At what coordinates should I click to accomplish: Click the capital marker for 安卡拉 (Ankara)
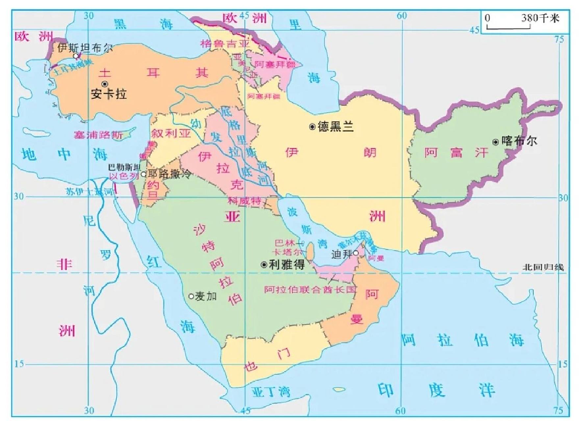(105, 84)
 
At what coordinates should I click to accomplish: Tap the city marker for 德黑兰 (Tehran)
(312, 127)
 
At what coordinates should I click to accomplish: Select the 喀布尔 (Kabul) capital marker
(495, 142)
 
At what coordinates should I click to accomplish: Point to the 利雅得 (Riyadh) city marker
(264, 265)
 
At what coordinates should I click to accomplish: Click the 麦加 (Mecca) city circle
(191, 296)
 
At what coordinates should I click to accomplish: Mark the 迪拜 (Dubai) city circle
(356, 253)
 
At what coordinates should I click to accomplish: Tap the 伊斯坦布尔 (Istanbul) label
(85, 48)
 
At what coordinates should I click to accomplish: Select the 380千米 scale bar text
(540, 18)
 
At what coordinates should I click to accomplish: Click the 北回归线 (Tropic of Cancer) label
(543, 267)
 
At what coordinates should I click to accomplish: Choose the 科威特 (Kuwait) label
(245, 201)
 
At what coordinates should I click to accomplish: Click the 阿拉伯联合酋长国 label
(310, 290)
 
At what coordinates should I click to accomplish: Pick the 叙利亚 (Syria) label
(171, 133)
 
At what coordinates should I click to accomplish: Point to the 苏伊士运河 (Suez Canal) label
(89, 192)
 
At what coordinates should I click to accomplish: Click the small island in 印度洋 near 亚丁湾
(339, 389)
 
